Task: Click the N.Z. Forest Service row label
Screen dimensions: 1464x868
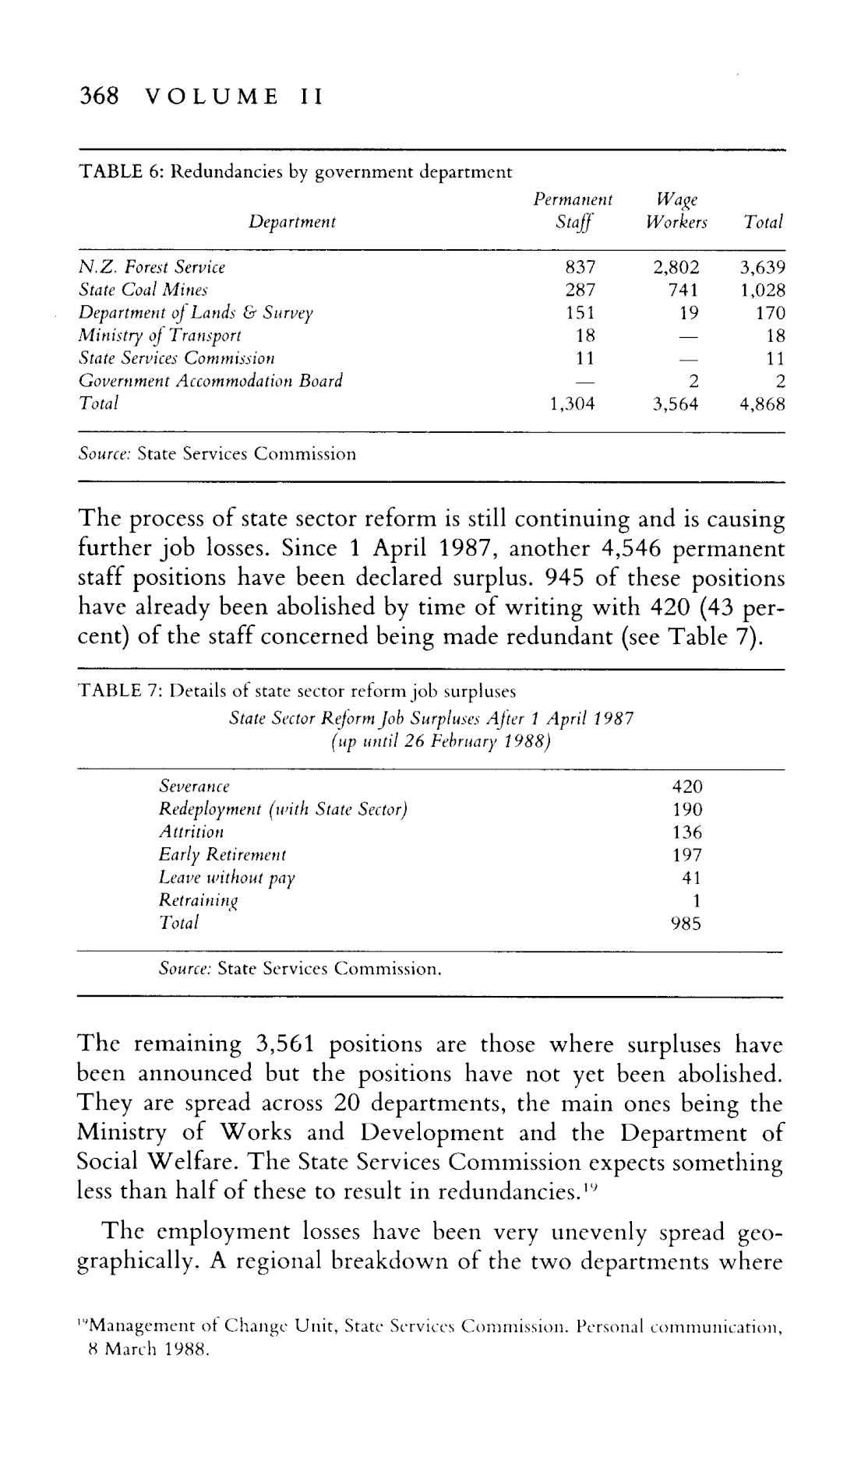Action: coord(153,268)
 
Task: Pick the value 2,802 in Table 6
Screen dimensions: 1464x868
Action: coord(677,268)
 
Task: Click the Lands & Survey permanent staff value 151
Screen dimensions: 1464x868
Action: coord(580,313)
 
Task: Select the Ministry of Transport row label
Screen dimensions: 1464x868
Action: coord(161,336)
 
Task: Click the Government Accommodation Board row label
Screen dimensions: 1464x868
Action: coord(211,382)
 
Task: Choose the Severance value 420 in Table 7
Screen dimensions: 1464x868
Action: coord(687,787)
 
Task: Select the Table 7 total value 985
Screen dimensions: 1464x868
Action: coord(687,924)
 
